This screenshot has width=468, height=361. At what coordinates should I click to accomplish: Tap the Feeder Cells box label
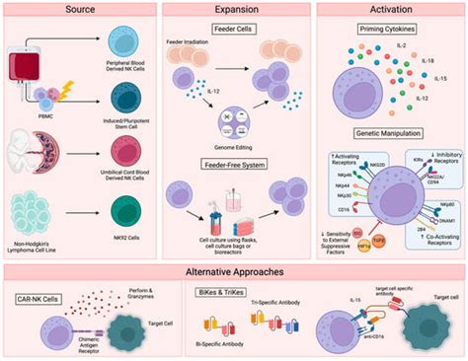234,31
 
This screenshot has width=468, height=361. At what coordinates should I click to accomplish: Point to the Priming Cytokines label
388,31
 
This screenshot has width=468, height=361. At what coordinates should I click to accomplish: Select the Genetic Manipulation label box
388,133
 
